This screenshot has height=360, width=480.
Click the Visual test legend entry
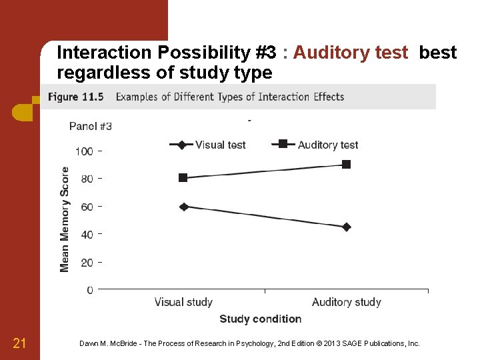208,145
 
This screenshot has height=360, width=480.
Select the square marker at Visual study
183,177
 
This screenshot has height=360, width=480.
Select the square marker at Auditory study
347,164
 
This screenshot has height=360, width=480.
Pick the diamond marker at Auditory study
347,227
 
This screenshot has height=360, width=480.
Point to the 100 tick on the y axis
84,151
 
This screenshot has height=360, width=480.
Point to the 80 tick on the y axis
87,179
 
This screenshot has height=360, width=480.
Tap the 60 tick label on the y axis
87,207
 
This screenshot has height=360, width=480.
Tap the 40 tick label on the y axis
87,235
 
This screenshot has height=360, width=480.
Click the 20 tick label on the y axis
87,263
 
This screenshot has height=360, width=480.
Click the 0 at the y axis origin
90,290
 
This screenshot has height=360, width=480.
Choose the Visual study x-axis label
183,302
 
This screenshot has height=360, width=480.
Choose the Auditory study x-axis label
347,302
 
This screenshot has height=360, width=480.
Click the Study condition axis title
260,319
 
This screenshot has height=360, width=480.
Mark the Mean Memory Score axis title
65,219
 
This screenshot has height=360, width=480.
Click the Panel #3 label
91,126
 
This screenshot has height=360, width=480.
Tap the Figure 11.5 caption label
77,97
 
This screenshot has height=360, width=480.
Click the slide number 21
19,343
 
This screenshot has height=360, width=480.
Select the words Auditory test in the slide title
350,53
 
